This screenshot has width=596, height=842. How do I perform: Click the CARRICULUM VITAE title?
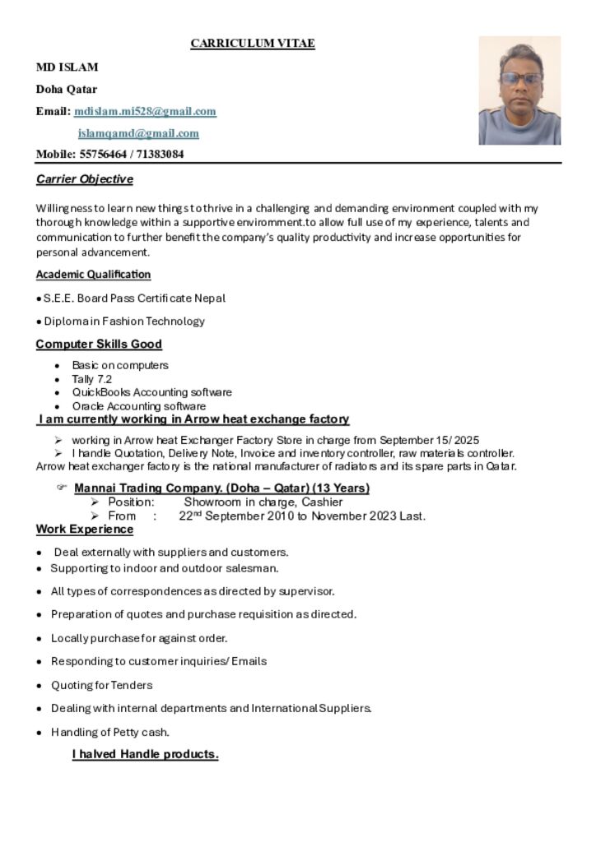pos(253,44)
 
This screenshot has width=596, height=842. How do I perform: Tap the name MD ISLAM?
pos(67,67)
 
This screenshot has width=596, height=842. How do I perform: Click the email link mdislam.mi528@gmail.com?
pos(145,111)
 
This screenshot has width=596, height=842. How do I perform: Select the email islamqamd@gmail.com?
pos(138,133)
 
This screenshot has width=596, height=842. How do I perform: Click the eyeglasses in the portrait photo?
pos(521,80)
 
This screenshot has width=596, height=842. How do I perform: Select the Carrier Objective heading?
pos(84,179)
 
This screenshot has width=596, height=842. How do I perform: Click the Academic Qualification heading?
pos(93,274)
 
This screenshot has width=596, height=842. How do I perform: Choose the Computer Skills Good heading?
pos(99,344)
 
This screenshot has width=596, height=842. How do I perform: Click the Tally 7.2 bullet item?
pos(91,379)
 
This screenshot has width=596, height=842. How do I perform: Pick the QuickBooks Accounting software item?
pos(151,392)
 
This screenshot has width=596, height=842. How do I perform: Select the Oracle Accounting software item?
pos(138,406)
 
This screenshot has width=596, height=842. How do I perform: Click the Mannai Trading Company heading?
pos(221,488)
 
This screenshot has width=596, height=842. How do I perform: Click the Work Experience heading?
pos(84,529)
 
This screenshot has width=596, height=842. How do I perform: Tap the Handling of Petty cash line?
pos(110,732)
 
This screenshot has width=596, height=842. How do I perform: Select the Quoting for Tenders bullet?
pos(101,685)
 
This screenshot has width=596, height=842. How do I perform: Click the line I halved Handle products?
pos(145,754)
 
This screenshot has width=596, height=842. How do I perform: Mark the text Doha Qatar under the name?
pos(66,89)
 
